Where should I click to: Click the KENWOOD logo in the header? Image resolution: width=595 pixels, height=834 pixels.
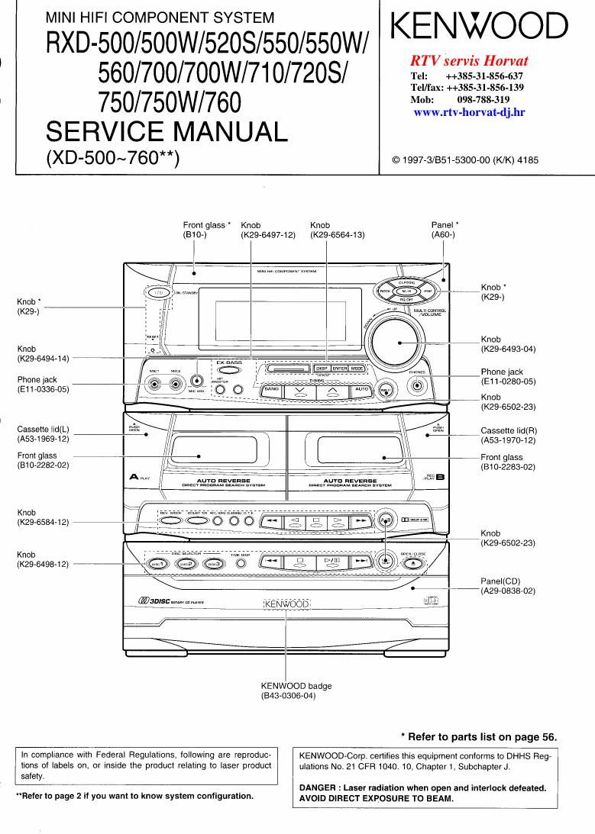click(x=480, y=27)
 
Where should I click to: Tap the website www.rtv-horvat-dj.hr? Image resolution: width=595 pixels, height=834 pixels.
click(x=468, y=112)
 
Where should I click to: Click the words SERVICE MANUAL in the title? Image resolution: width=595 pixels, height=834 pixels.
click(x=167, y=132)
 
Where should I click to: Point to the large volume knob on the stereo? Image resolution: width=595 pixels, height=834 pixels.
click(x=398, y=339)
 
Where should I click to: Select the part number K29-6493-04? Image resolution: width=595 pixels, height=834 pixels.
click(x=508, y=349)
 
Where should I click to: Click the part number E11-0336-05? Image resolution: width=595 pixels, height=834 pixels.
click(x=43, y=389)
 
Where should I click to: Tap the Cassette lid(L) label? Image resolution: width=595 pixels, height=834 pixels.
click(x=43, y=429)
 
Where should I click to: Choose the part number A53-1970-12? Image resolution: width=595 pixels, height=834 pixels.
click(x=508, y=440)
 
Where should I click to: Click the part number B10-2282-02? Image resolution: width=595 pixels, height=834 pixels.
click(x=43, y=465)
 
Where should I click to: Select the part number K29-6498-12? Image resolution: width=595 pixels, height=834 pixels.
click(x=43, y=565)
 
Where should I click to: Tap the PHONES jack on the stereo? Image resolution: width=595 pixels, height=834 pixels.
click(x=417, y=385)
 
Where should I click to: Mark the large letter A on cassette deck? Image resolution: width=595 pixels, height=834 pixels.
click(x=134, y=478)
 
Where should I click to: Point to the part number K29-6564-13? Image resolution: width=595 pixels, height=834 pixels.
click(x=338, y=236)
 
